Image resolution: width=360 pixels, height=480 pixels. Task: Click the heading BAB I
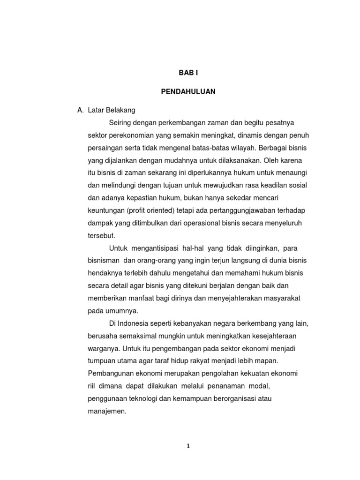point(188,74)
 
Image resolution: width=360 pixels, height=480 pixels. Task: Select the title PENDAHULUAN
point(188,92)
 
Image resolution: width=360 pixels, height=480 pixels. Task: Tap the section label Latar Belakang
point(108,110)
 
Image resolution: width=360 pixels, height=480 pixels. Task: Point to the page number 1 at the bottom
point(188,446)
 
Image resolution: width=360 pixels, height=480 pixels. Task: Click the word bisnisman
point(103,260)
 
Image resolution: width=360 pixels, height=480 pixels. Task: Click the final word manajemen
point(107,412)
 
